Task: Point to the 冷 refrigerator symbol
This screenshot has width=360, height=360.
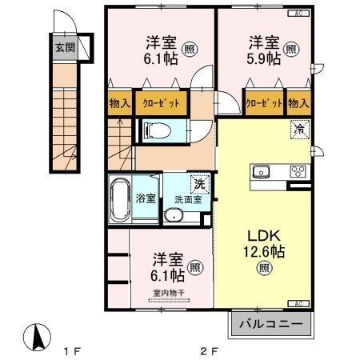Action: click(x=298, y=127)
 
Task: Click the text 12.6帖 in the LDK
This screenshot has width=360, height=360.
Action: click(x=266, y=251)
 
